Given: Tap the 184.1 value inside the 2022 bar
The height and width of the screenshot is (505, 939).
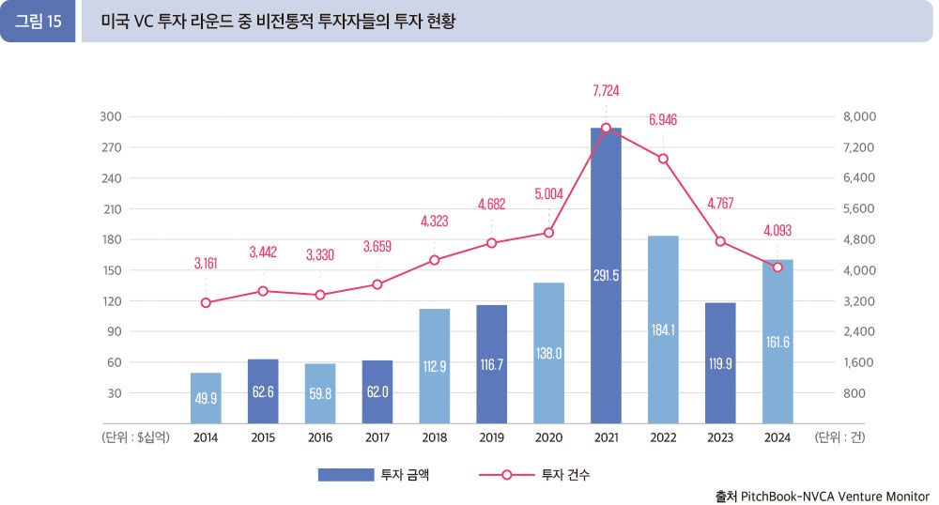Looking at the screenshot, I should tap(663, 330).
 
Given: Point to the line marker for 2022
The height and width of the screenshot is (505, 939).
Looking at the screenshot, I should tap(663, 159).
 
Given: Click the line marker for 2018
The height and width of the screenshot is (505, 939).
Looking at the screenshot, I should tap(434, 260).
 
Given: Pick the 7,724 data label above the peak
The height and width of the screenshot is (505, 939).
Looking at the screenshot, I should tap(606, 91).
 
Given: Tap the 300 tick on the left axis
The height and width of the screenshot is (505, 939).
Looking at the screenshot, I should tap(113, 116).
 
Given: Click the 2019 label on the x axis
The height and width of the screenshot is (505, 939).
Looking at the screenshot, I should tap(491, 436).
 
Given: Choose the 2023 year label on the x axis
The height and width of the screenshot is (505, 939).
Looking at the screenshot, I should tap(720, 436).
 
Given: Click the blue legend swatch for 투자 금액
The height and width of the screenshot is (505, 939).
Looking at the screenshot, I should tap(345, 475).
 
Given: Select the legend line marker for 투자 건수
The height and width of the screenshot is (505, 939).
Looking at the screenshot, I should tap(506, 475).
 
